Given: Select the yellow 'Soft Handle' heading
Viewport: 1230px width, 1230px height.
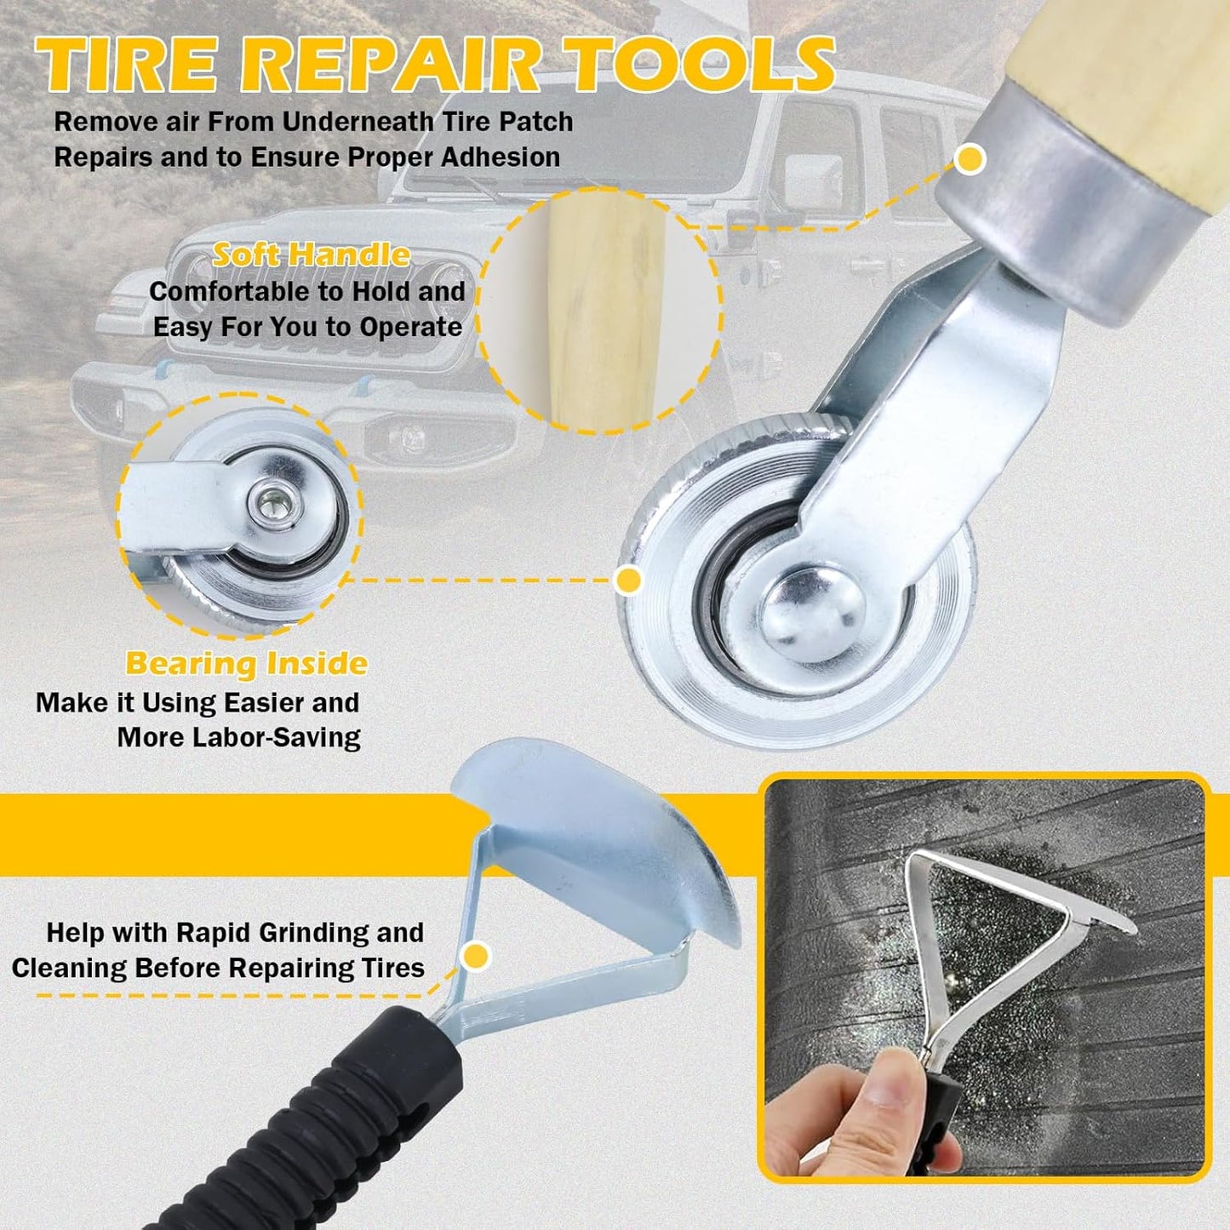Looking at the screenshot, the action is pos(311,255).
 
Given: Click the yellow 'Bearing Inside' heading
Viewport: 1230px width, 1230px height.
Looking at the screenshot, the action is pos(246,664).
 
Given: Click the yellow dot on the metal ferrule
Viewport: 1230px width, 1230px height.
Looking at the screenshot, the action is pos(970,159).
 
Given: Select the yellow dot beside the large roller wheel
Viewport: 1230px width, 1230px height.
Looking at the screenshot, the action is pos(629,580).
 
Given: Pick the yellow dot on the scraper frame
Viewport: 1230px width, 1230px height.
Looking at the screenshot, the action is pos(476,957).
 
